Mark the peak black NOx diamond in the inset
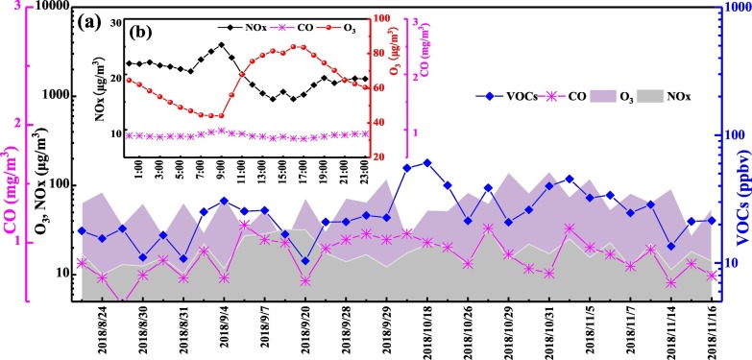[x=222, y=44]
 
